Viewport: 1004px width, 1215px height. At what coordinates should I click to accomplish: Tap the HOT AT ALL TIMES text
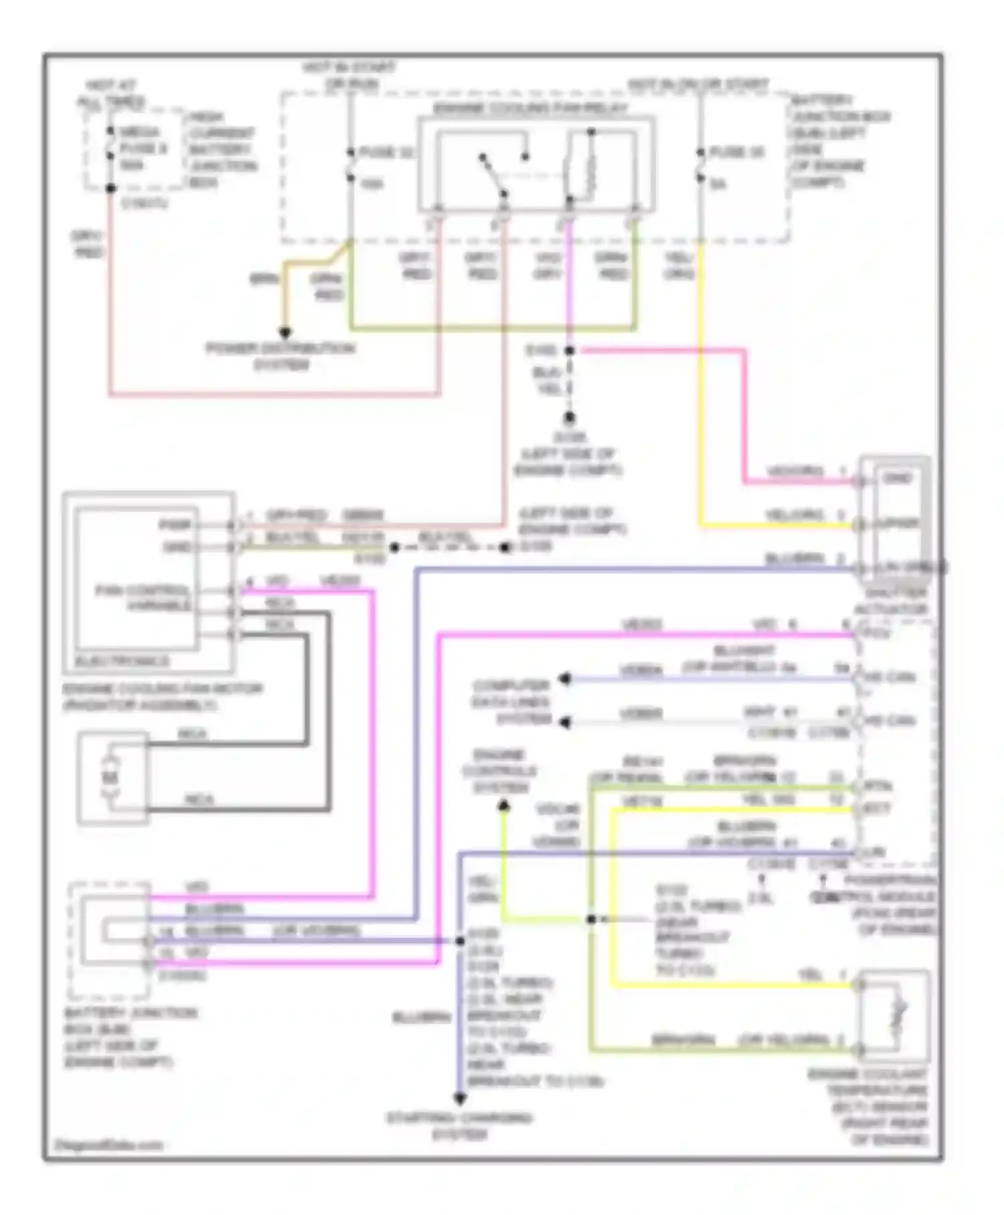111,94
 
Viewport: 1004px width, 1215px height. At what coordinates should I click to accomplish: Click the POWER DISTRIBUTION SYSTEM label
280,356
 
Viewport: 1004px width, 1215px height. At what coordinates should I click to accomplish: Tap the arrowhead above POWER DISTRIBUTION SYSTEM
285,332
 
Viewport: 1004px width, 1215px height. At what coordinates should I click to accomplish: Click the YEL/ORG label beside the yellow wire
679,266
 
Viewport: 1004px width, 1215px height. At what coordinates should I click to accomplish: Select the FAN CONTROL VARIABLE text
145,597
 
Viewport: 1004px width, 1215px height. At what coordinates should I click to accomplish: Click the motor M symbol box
112,777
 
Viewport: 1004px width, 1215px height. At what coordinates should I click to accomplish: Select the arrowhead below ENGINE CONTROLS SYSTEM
503,807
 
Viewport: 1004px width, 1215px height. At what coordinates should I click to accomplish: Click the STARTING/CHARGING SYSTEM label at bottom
460,1126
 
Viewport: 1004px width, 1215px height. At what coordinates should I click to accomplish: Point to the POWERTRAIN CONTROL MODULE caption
890,905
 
